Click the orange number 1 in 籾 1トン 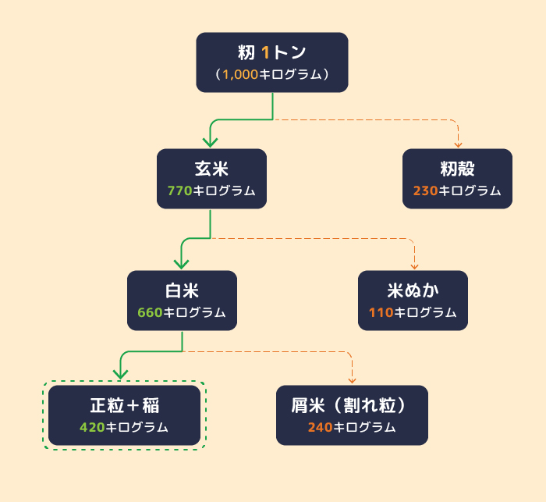[x=266, y=53]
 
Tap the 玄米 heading [x=211, y=169]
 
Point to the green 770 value [x=179, y=191]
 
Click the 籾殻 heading [x=457, y=169]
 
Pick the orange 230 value [x=425, y=191]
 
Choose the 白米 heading [x=182, y=291]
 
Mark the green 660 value [x=150, y=313]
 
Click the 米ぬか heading [x=413, y=291]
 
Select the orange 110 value [x=381, y=313]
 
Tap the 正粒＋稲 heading [x=124, y=406]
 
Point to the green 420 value [x=92, y=428]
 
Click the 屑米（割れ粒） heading [x=352, y=406]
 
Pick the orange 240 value [x=320, y=428]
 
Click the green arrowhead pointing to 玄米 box [x=210, y=141]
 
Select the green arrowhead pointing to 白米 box [x=181, y=263]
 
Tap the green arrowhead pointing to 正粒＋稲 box [x=121, y=378]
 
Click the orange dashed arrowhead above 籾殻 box [x=459, y=144]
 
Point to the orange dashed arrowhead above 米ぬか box [x=414, y=265]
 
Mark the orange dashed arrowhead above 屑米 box [x=352, y=380]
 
